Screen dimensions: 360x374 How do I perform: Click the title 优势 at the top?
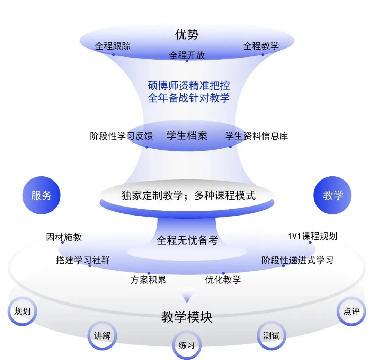187,35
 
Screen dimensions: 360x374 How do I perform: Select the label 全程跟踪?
113,46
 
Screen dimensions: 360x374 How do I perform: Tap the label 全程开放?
187,55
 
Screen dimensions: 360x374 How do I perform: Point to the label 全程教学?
261,46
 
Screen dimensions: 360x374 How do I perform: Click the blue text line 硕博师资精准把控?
189,85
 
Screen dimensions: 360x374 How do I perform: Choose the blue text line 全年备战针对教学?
189,97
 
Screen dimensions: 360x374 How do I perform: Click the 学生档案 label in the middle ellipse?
187,135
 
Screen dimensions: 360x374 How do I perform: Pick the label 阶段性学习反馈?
121,136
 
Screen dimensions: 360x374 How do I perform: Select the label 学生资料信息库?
257,135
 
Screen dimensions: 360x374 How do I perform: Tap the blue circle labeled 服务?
41,195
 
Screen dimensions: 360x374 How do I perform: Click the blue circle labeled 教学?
332,195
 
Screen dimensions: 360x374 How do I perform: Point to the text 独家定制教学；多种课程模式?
188,196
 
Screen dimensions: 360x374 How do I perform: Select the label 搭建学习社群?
83,260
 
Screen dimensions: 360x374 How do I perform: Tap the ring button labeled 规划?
22,311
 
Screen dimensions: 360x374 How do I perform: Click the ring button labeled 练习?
187,345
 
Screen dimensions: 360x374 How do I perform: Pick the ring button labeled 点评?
351,311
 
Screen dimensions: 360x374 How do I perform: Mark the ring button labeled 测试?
271,335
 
